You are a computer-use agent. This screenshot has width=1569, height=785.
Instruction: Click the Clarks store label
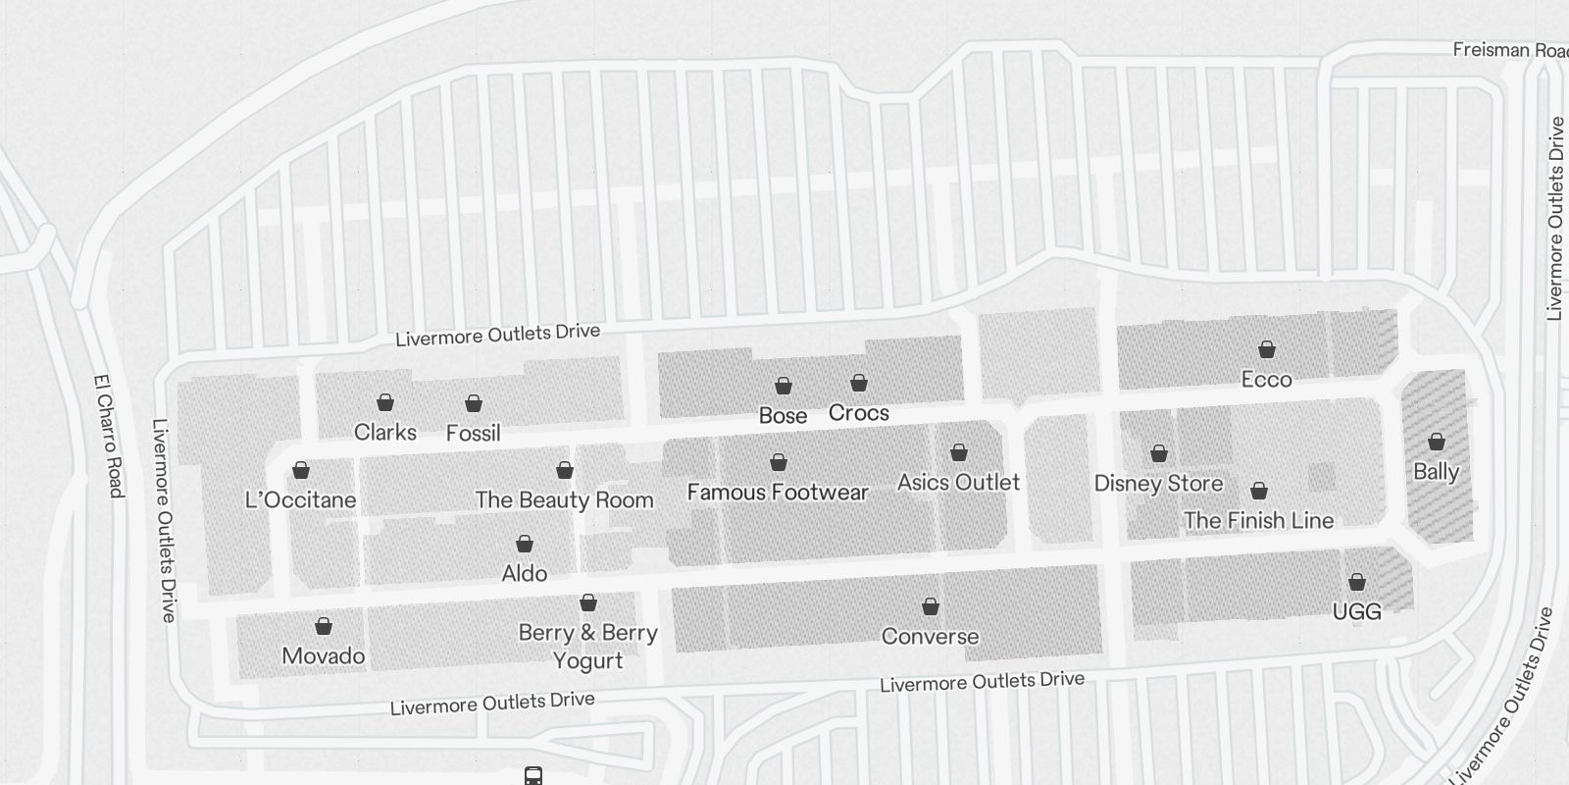click(385, 432)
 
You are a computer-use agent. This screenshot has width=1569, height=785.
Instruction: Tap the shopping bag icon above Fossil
click(474, 403)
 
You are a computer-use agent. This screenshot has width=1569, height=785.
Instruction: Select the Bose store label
click(784, 415)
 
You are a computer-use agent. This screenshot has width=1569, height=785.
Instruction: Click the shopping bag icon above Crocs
click(859, 383)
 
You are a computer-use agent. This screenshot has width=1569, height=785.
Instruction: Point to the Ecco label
click(1266, 379)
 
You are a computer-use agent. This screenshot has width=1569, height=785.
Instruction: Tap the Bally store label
click(1436, 471)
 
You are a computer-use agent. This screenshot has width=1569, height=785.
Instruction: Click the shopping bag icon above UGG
click(1357, 582)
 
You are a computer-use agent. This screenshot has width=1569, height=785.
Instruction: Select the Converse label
click(930, 636)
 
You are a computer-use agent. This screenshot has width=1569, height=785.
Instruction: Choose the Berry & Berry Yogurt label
click(587, 646)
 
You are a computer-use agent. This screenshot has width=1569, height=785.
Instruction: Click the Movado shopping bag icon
click(324, 626)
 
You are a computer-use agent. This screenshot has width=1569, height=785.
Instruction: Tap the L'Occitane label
click(301, 499)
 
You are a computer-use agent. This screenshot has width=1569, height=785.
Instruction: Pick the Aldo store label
click(525, 573)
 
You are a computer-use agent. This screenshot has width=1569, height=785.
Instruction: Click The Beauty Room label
click(565, 499)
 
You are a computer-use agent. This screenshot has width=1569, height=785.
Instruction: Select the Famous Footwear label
click(778, 492)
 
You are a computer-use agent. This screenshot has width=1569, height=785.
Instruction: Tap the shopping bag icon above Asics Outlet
click(959, 452)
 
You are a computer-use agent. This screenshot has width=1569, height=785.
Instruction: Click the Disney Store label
click(1158, 483)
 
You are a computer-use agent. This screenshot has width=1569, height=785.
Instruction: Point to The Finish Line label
click(1258, 520)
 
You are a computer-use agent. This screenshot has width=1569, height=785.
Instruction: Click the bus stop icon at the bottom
click(532, 776)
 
